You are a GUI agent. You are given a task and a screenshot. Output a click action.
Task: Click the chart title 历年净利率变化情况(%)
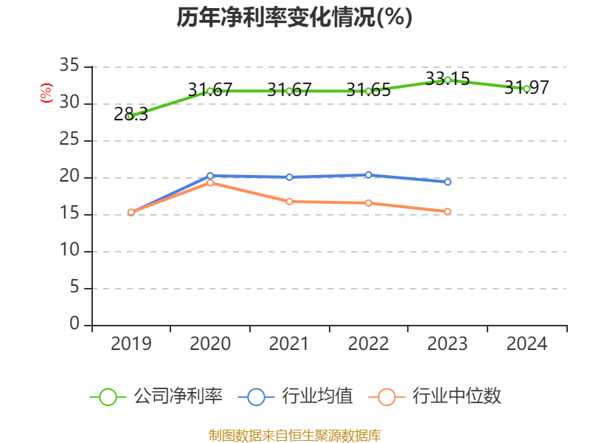294,18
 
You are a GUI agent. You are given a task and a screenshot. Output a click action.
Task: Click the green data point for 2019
131,116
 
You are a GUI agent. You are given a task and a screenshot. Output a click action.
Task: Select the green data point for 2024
527,89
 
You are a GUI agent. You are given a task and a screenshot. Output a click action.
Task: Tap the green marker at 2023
448,80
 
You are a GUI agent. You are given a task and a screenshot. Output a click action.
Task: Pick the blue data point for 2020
210,176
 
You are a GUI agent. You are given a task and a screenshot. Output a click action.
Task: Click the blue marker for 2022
369,174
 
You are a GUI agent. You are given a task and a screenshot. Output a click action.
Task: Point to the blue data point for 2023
448,182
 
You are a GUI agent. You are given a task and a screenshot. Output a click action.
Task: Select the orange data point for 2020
210,182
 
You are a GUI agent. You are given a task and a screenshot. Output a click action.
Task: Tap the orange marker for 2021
289,202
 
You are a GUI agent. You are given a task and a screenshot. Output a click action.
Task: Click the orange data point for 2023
448,211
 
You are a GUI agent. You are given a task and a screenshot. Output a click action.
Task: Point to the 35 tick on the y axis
69,66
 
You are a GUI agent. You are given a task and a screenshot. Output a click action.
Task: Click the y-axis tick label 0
74,325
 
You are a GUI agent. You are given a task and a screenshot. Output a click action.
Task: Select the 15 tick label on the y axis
69,214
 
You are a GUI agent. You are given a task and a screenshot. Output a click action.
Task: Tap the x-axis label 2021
289,344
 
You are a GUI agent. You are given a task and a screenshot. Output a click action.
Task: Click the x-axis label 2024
527,344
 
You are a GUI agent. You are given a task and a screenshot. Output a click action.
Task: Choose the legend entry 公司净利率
156,396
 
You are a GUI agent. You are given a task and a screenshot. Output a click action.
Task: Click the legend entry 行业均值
296,396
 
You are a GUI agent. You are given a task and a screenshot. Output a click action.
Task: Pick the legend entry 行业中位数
440,396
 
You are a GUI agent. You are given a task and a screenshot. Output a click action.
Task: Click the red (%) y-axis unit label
46,94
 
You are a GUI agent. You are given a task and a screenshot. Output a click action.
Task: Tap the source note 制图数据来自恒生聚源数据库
294,435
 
